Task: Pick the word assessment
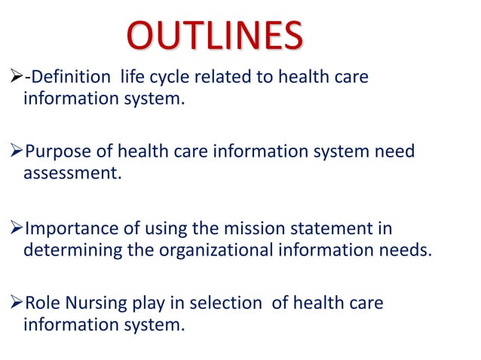72,173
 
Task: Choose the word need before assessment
394,151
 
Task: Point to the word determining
75,249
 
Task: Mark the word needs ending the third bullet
408,249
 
